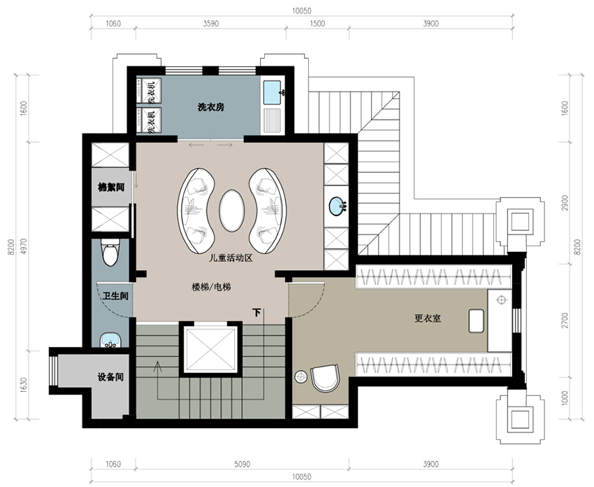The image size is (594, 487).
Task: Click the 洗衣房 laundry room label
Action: (x=211, y=107)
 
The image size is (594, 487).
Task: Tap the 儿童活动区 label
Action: (x=231, y=259)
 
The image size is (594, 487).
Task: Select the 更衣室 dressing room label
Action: (x=428, y=318)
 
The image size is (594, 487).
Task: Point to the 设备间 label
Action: (x=110, y=377)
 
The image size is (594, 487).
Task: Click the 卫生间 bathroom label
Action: (x=115, y=296)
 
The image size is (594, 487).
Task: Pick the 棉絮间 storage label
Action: (x=111, y=187)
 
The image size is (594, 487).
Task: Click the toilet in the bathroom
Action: (x=110, y=252)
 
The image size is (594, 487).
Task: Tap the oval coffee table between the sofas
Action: (x=232, y=211)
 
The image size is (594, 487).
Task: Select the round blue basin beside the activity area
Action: (x=337, y=206)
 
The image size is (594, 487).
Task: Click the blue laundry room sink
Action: (x=273, y=92)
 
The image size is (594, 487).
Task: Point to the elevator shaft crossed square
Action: (x=210, y=349)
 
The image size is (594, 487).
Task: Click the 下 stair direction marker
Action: (x=256, y=313)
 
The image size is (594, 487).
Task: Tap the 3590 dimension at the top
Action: (x=210, y=24)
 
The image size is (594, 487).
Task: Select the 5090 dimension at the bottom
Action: (x=242, y=464)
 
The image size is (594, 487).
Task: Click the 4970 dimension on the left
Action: (x=24, y=246)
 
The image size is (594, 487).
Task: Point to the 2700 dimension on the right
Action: (x=565, y=320)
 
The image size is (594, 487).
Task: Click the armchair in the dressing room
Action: (x=325, y=378)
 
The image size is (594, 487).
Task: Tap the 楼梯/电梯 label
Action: (x=211, y=288)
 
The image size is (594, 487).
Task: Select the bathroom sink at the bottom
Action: (x=110, y=340)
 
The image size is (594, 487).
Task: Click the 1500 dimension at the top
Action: (x=317, y=24)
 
